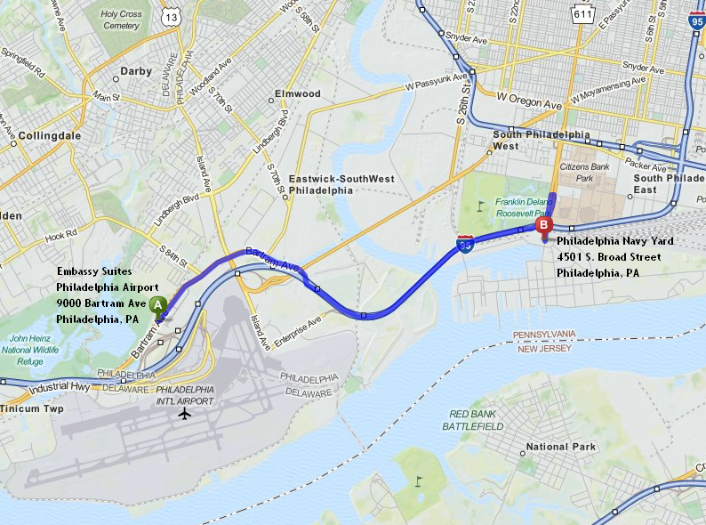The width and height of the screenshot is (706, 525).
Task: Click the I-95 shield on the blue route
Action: pyautogui.click(x=465, y=244)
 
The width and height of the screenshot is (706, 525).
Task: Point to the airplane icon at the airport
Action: pyautogui.click(x=185, y=413)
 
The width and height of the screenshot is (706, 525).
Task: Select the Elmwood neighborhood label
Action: pyautogui.click(x=298, y=93)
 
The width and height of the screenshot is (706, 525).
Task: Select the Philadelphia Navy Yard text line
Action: pyautogui.click(x=615, y=241)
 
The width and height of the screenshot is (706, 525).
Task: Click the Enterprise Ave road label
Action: pyautogui.click(x=296, y=327)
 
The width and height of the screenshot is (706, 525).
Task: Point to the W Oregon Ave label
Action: pyautogui.click(x=529, y=100)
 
